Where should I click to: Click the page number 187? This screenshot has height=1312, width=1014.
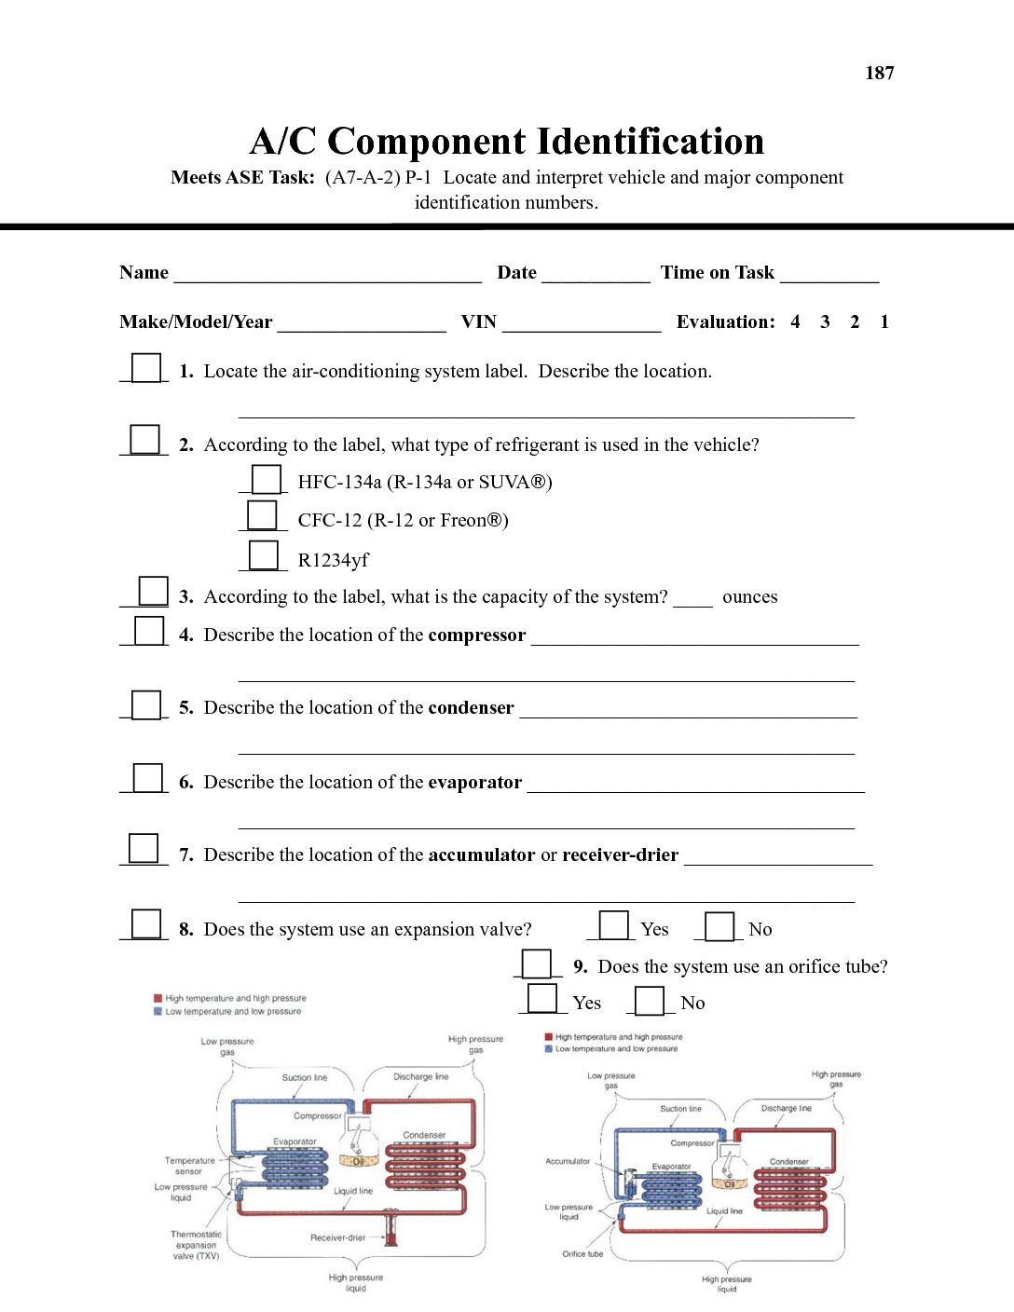point(879,73)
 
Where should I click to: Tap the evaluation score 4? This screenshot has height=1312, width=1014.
point(795,321)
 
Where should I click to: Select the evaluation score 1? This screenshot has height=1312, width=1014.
point(884,321)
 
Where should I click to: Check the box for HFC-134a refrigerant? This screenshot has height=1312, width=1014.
point(267,479)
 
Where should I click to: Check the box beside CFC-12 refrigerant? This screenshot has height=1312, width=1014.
point(262,515)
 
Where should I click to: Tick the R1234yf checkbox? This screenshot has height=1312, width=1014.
point(264,555)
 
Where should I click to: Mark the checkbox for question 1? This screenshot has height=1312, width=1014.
point(146,368)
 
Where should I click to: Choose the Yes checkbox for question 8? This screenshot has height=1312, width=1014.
point(613,925)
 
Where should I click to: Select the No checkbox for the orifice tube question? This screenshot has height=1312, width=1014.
point(650,1001)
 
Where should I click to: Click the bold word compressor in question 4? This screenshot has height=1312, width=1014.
point(477,635)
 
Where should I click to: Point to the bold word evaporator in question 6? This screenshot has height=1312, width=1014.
point(474,783)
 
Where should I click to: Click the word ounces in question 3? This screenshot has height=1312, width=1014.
point(749,597)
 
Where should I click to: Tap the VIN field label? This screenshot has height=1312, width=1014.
point(478,321)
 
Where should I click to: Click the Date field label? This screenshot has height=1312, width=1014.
point(516,273)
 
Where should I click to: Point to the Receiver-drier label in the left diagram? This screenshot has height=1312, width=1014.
point(337,1237)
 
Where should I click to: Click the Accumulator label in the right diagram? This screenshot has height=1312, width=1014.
point(568,1161)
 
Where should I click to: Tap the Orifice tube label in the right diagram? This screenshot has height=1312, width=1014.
point(582,1253)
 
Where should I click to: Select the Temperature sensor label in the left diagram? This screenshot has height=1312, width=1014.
point(189,1166)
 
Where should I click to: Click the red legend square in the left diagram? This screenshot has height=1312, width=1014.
point(158,998)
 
